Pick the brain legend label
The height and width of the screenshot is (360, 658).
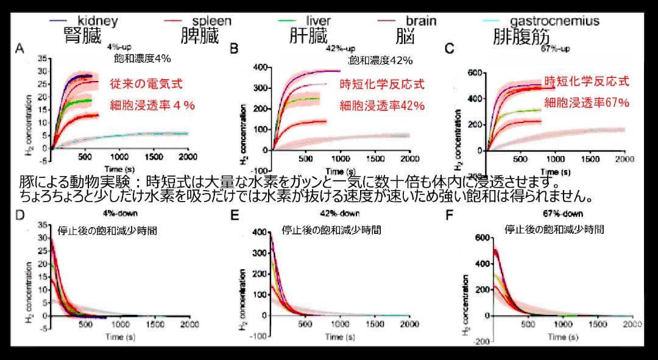[x=421, y=21]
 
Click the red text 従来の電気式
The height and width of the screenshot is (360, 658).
[x=146, y=85]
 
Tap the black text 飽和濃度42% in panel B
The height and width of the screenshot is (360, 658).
[x=381, y=60]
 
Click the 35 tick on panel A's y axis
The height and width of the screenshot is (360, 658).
[x=42, y=58]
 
